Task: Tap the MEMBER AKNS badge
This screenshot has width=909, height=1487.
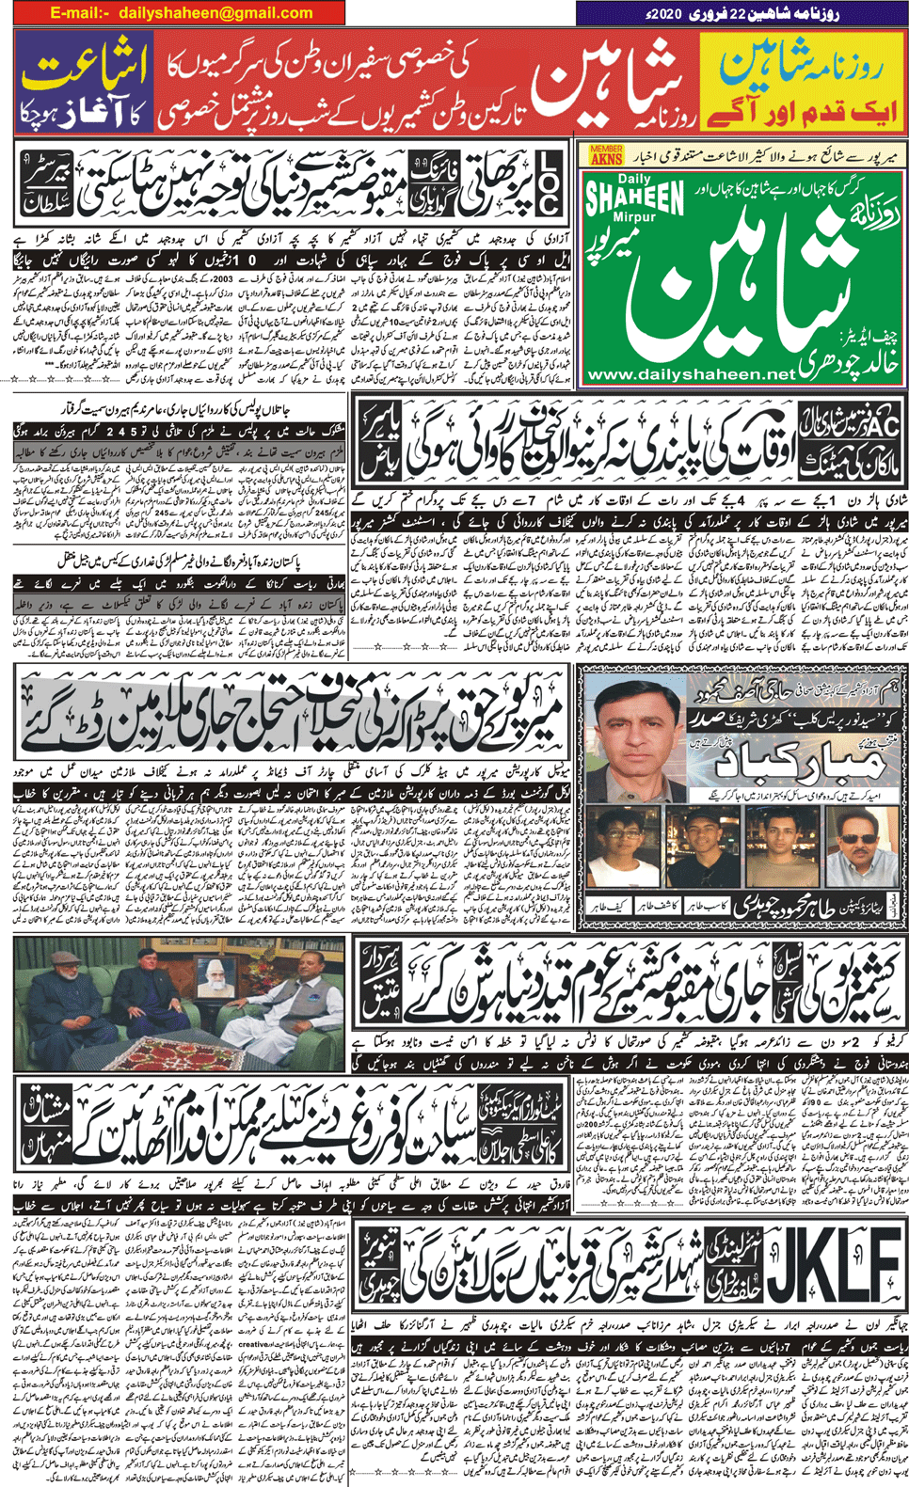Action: pos(606,155)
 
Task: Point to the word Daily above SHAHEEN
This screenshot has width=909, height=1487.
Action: pos(635,179)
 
